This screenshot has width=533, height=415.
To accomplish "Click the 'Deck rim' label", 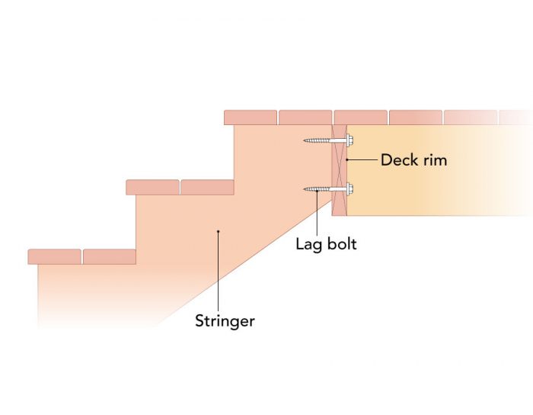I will point(413,160).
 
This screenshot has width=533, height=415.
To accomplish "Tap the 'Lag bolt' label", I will point(326,245).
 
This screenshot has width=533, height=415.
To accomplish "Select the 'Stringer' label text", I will point(225,321).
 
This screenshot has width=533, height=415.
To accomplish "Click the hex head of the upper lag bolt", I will point(349,140).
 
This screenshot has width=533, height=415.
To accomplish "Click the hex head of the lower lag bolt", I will point(349,188).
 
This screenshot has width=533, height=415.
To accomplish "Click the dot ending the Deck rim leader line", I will point(347,160).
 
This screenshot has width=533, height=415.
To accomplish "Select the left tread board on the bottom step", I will point(54,256).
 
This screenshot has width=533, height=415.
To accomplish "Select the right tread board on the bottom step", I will point(109,256).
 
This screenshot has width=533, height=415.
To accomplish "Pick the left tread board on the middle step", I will point(152,188).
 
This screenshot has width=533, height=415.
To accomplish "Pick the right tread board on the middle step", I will point(207,188).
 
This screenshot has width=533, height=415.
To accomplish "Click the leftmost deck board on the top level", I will point(251,117).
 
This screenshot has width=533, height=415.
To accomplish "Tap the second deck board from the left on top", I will point(305,117).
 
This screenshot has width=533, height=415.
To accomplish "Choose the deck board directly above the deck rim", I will point(360,117).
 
